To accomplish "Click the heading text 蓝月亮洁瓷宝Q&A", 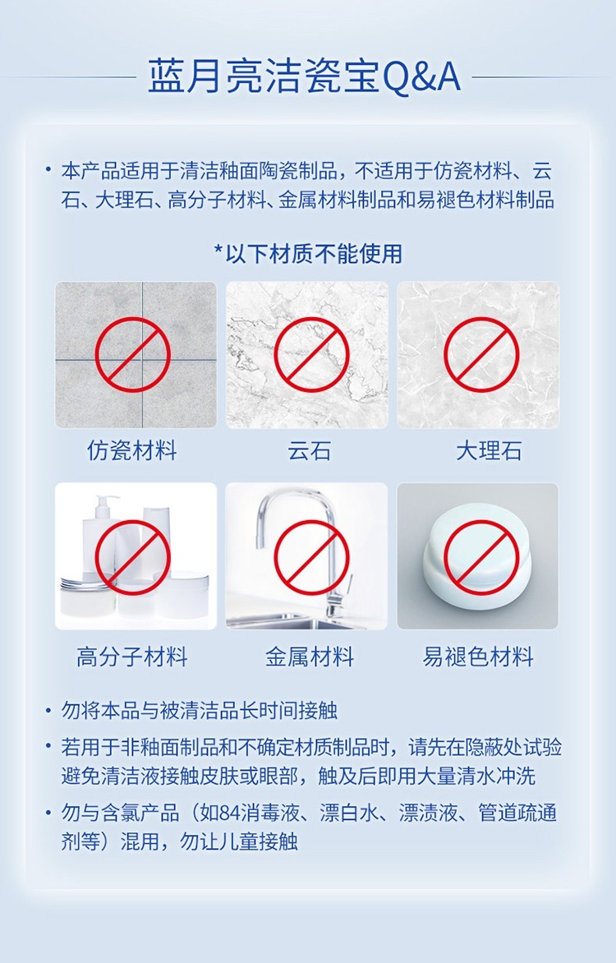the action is pos(304,77).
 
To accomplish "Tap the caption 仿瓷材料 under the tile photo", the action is pos(132,451).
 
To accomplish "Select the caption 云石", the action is pos(310,451).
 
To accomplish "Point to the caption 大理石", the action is pos(489,451).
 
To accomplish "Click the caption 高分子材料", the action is pos(132,657).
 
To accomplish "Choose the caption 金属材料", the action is pos(310,657).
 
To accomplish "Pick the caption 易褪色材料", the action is pos(478,657).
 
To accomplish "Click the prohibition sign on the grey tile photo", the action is pos(132,354).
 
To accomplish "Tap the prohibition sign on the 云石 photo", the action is pos(311,354).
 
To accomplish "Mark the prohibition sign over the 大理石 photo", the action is pos(481,354).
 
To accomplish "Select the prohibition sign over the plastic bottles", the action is pos(132,557).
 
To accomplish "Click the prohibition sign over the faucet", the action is pos(311,557).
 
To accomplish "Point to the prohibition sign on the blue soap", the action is pos(481,557).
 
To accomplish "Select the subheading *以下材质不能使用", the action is pos(308,254).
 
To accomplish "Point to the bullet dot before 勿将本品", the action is pos(48,712).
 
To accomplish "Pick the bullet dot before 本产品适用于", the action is pos(48,170).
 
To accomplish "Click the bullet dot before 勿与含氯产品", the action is pos(48,813).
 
